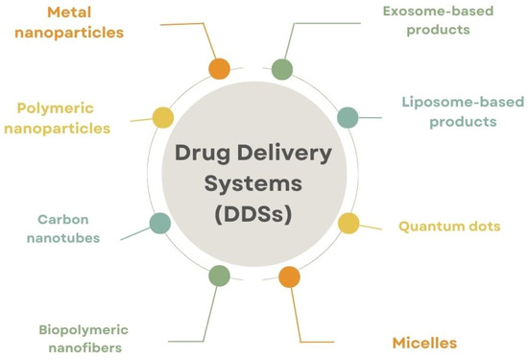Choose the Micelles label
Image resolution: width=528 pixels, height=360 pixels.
[423, 342]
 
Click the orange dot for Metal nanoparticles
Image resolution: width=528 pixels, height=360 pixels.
[220, 69]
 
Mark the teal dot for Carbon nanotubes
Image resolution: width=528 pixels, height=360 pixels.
[160, 224]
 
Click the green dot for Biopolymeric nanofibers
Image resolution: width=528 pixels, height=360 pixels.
[219, 276]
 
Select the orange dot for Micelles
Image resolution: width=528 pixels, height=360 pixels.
[288, 277]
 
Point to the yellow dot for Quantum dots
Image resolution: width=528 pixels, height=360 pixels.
[348, 224]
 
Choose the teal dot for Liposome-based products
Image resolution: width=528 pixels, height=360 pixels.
[348, 117]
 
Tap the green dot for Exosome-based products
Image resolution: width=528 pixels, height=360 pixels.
[281, 69]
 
